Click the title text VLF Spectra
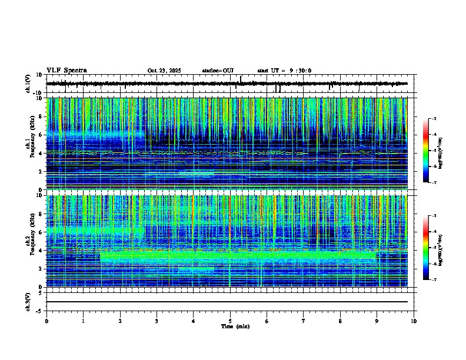click(66, 71)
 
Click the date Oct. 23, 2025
click(164, 71)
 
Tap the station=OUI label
click(218, 71)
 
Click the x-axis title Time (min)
click(235, 326)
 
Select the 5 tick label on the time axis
click(230, 321)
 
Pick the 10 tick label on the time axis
click(414, 321)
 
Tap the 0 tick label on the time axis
click(46, 321)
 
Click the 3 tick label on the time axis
click(157, 321)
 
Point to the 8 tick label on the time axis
click(340, 321)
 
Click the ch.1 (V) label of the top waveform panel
click(28, 84)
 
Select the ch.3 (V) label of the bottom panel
click(28, 301)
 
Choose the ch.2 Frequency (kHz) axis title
click(27, 241)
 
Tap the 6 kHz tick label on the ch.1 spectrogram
click(39, 135)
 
